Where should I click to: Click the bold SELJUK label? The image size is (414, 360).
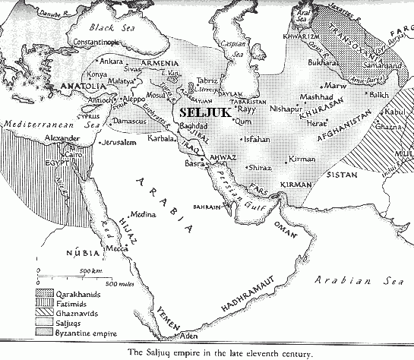203,112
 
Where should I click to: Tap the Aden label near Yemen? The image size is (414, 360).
188,335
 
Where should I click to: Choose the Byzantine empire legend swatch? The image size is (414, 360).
47,332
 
